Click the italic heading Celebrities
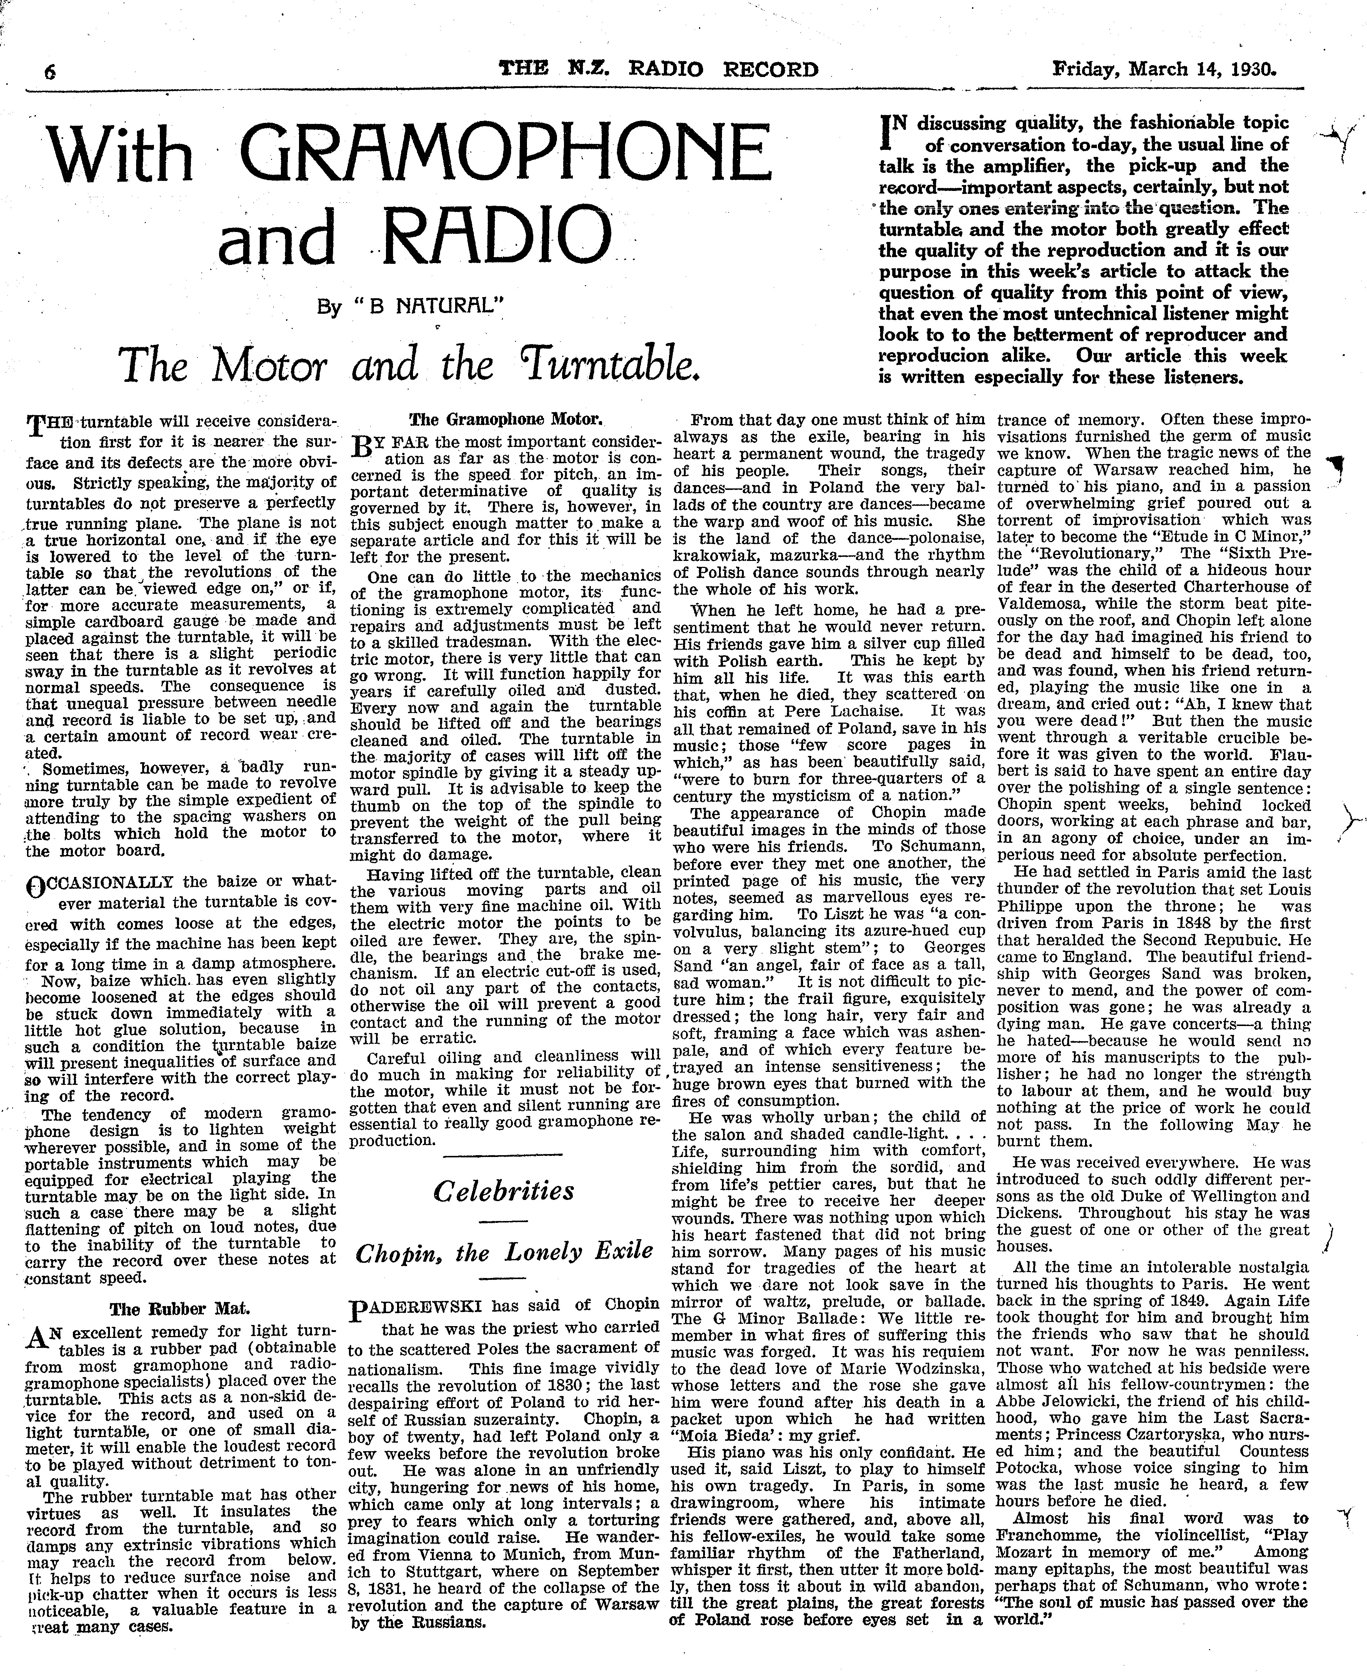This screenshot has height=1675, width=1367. [x=504, y=1190]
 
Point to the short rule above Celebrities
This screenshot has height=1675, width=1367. [x=504, y=1154]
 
